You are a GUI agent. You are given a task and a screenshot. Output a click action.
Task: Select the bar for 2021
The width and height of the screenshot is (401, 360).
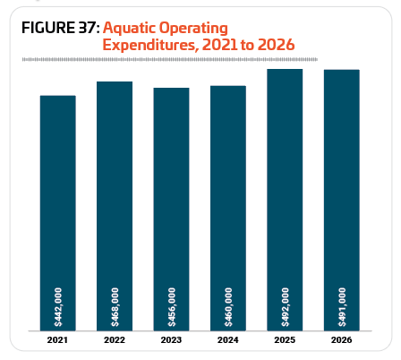click(x=58, y=213)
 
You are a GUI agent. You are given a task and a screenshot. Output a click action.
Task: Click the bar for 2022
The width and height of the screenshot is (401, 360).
click(x=115, y=206)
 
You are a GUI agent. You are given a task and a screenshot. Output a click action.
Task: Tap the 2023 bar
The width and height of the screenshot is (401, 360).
click(x=171, y=210)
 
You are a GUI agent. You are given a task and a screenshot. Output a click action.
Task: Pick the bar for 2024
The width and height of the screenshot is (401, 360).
click(x=228, y=208)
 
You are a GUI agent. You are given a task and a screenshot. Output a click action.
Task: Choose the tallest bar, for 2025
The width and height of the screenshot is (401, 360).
click(x=285, y=200)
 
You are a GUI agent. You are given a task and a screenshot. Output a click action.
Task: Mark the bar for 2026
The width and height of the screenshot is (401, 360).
click(x=342, y=200)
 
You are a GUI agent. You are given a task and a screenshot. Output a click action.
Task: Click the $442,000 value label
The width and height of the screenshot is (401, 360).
click(x=58, y=307)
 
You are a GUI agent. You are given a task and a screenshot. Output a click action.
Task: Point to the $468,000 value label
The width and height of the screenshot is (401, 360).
click(x=115, y=307)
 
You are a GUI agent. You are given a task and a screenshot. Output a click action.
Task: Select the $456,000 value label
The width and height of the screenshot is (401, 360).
click(x=172, y=307)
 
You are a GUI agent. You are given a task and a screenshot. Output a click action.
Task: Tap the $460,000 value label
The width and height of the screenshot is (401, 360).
click(x=228, y=307)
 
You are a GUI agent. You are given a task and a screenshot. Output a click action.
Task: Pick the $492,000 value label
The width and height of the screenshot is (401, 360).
click(x=285, y=307)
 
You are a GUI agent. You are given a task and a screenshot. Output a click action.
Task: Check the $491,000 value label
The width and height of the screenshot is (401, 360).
click(x=342, y=307)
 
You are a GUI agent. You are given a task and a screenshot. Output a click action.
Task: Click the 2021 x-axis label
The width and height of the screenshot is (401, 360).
click(x=57, y=340)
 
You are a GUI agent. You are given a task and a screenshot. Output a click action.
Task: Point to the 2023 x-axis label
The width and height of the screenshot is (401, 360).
click(x=171, y=340)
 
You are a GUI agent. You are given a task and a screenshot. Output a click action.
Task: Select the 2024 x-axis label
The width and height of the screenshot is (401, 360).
click(x=228, y=340)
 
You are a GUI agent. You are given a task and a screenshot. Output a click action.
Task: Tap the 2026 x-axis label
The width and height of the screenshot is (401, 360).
click(x=342, y=340)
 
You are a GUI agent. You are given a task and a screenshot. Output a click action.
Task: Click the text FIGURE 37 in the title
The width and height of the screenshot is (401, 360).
click(x=61, y=28)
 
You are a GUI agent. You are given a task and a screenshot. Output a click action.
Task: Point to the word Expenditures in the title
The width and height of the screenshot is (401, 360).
click(x=150, y=45)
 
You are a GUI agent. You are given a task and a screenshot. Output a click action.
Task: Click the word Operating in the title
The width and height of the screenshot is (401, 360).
click(x=193, y=29)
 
